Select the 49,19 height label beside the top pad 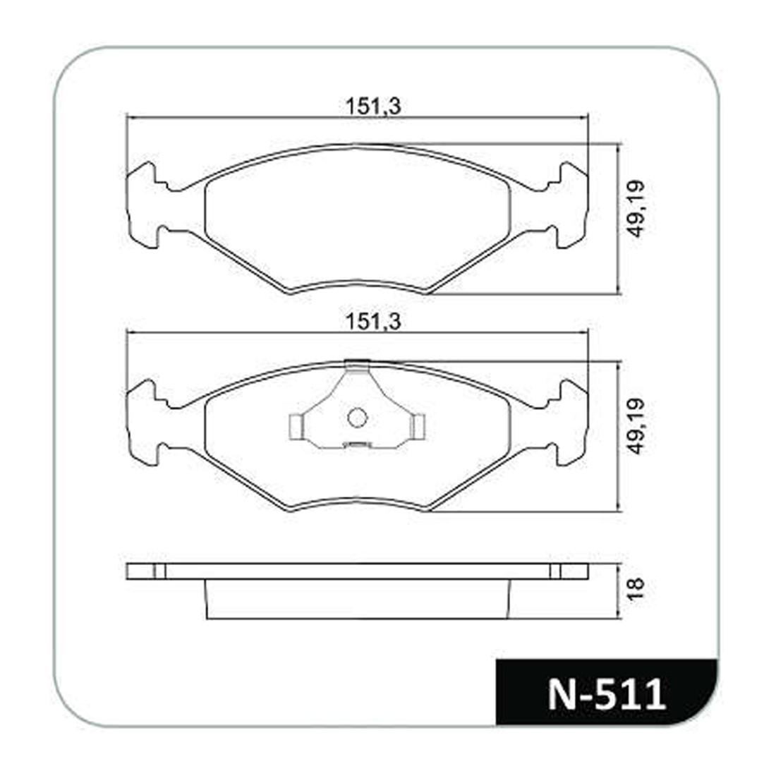(637, 209)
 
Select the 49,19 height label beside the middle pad (637, 425)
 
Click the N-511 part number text (607, 694)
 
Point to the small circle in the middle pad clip (358, 418)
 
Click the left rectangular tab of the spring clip (296, 425)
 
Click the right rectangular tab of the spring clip (420, 425)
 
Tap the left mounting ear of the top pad (145, 205)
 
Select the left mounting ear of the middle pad (145, 422)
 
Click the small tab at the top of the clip (358, 365)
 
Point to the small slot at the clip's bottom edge (356, 444)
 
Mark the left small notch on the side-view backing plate (159, 571)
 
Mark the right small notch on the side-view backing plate (555, 571)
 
